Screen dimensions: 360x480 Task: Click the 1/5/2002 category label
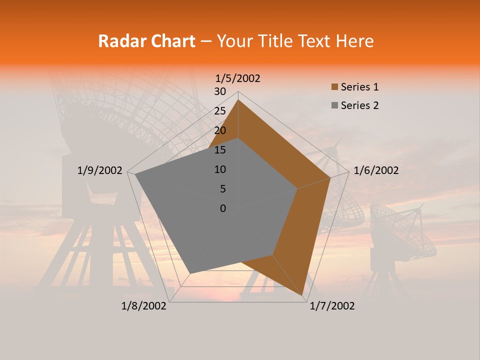[238, 78]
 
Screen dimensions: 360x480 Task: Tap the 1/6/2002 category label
[376, 170]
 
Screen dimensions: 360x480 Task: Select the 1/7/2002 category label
[332, 306]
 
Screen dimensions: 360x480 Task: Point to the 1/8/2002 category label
[144, 306]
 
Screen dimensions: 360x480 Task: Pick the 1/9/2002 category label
[100, 170]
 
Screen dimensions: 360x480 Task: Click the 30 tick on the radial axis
[220, 91]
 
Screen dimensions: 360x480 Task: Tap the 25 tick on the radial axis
[220, 111]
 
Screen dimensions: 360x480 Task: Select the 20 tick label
[220, 130]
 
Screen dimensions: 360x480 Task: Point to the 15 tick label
[220, 150]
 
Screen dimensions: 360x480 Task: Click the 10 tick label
[220, 169]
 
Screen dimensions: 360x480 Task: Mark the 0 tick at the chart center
[223, 208]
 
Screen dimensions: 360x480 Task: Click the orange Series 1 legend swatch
[334, 87]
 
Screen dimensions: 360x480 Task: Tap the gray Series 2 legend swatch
[334, 105]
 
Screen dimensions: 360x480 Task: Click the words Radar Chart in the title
[146, 41]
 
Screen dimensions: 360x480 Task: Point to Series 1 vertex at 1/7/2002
[303, 296]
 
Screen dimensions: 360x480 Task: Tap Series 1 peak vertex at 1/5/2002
[238, 99]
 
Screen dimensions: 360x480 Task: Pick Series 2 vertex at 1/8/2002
[189, 273]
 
